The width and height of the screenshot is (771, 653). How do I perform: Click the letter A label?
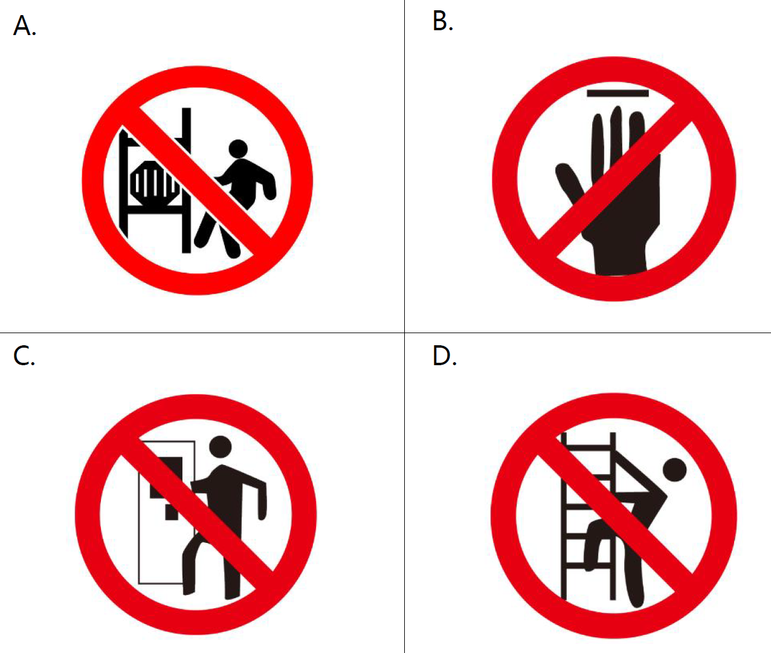25,26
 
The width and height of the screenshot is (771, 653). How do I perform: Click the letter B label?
443,21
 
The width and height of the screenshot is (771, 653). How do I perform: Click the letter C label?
24,355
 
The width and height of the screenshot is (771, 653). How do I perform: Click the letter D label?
445,356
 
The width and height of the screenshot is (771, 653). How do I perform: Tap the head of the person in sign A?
238,149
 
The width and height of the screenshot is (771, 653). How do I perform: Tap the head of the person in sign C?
221,446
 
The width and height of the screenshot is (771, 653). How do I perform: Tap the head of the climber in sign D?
675,470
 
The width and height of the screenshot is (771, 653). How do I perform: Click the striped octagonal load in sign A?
153,183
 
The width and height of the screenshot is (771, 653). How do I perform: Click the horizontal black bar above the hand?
618,93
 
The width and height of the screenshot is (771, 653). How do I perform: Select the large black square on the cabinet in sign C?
166,478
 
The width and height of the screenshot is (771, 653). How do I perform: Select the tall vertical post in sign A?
187,180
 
